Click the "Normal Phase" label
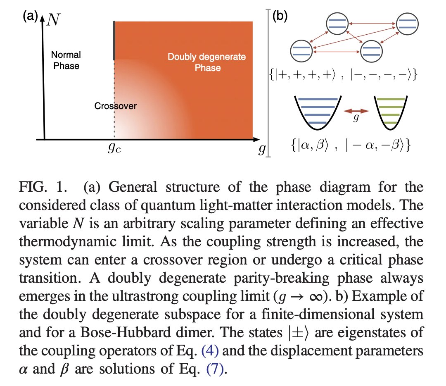click(66, 60)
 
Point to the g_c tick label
click(114, 148)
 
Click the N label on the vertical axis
click(53, 19)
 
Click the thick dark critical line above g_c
click(114, 40)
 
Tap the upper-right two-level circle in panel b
click(407, 24)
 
